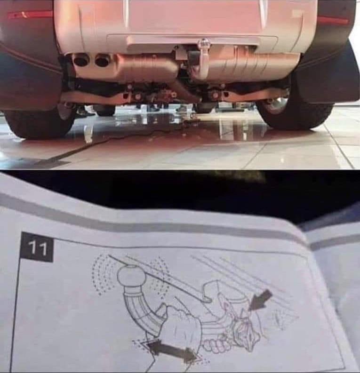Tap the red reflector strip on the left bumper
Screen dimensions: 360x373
click(30, 15)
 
